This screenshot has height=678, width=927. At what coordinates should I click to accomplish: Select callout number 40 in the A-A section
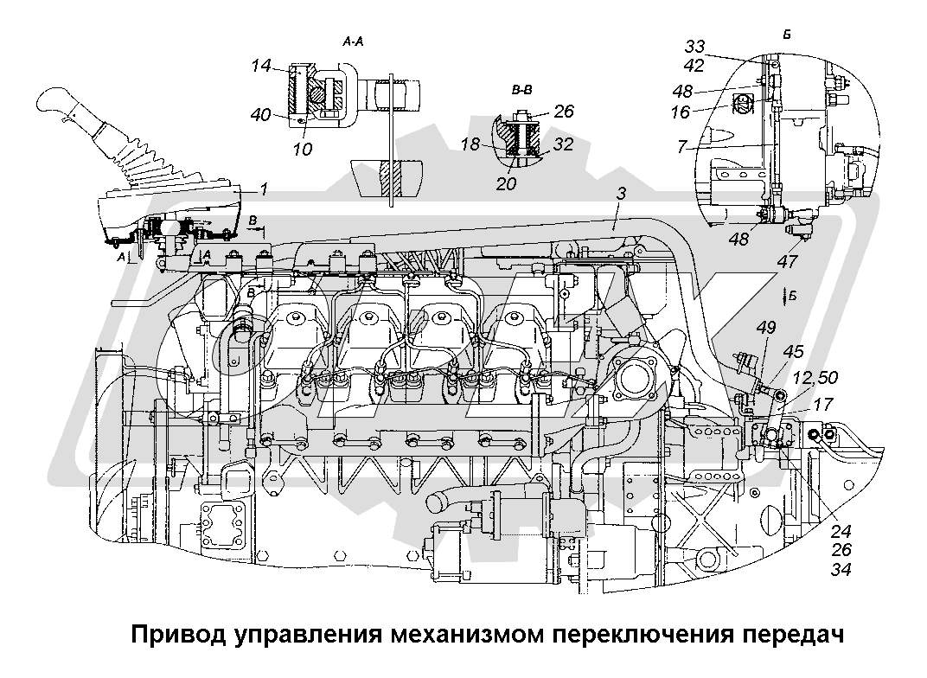261,114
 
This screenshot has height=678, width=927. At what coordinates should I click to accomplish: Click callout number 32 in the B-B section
563,145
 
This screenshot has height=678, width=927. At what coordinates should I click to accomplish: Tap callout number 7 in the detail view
682,148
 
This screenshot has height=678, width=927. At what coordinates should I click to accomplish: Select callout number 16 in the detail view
681,112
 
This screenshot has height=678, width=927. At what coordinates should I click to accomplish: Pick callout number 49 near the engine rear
765,327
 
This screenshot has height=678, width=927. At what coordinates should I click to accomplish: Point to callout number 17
823,403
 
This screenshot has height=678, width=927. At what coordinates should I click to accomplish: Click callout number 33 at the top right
696,46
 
